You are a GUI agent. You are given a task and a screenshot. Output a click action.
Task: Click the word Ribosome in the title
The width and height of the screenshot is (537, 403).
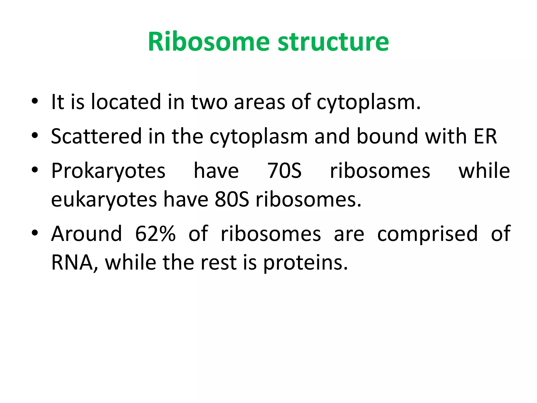click(x=209, y=42)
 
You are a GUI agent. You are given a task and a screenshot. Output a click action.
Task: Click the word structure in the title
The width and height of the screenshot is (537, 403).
click(x=333, y=42)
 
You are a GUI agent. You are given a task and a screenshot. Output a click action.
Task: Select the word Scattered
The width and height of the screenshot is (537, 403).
click(x=96, y=136)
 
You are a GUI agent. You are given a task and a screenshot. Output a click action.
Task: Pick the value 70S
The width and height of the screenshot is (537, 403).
click(x=284, y=171)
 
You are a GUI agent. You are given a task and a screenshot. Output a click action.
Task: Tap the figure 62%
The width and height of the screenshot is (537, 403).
click(x=155, y=234)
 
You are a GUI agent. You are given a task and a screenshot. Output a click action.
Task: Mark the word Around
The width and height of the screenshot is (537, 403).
click(x=87, y=234)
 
